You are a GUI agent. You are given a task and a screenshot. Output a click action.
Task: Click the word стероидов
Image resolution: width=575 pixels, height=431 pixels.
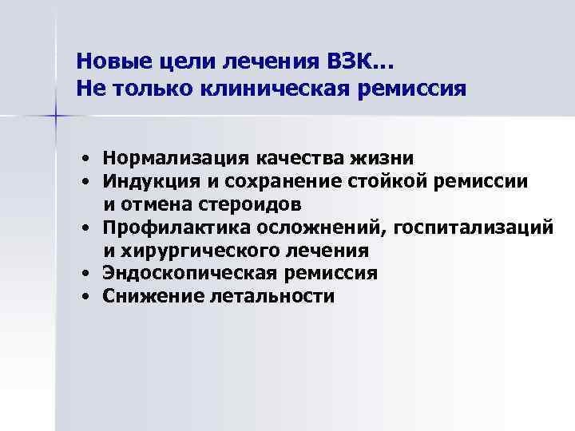pos(259,204)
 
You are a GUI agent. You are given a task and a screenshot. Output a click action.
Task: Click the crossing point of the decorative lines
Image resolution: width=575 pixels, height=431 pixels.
pos(57,117)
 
